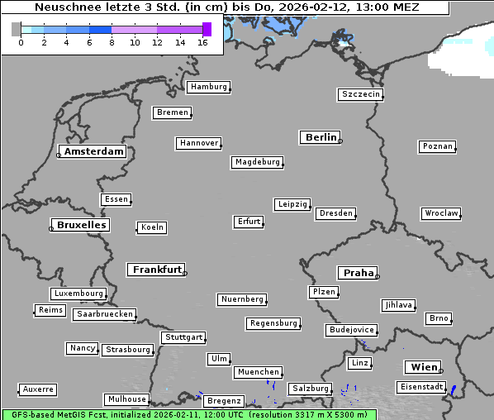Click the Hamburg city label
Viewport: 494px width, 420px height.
[x=207, y=87]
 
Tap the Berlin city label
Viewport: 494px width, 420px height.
[x=321, y=137]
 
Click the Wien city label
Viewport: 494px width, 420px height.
[x=422, y=367]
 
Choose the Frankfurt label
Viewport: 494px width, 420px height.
[x=157, y=270]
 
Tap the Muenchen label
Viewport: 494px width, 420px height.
[x=258, y=372]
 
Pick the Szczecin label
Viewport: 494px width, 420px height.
[x=361, y=94]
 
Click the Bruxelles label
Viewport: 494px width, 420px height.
[x=81, y=225]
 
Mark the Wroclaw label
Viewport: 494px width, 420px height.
[x=441, y=213]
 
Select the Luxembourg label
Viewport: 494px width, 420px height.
[x=78, y=294]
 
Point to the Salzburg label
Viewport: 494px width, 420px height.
[x=310, y=389]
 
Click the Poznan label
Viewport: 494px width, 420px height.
[x=437, y=146]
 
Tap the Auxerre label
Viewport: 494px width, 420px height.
[x=38, y=389]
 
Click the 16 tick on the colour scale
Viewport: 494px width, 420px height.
[x=202, y=42]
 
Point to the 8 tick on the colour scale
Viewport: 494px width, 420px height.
[x=112, y=42]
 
